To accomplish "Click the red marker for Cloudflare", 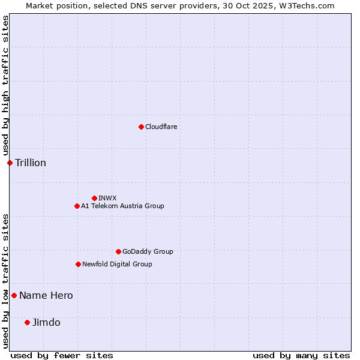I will click(x=141, y=127).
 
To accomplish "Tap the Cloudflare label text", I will click(x=161, y=127).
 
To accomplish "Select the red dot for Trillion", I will click(x=10, y=163).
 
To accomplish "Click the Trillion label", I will click(x=31, y=163).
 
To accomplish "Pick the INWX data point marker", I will click(x=94, y=198).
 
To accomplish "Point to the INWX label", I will click(x=107, y=199).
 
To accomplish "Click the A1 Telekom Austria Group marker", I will click(x=77, y=206).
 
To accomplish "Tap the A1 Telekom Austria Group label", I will click(x=122, y=206).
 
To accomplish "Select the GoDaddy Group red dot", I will click(x=118, y=251).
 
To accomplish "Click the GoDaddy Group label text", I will click(x=148, y=252).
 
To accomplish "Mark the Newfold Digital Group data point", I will click(x=78, y=264).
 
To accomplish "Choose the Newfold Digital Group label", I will click(x=117, y=265).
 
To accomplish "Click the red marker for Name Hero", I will click(x=14, y=295).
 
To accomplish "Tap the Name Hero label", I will click(x=46, y=296).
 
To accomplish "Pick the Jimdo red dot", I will click(x=27, y=322).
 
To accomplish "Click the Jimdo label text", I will click(x=46, y=323).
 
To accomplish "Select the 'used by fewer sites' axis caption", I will click(x=62, y=355).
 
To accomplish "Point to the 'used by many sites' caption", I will click(x=301, y=355).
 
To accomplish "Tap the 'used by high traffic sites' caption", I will click(x=5, y=86).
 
